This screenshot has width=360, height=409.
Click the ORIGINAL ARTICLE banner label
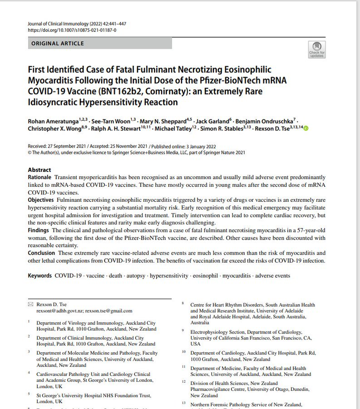[58, 44]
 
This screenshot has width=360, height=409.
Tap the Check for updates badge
[316, 49]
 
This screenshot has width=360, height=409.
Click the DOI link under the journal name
[72, 30]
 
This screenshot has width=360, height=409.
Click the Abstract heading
[39, 170]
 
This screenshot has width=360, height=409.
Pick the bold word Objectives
[41, 200]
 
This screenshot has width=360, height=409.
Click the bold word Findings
[39, 230]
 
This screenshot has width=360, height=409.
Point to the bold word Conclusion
[41, 253]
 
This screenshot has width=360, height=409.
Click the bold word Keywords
[40, 276]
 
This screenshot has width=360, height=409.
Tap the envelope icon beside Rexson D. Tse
[30, 304]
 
